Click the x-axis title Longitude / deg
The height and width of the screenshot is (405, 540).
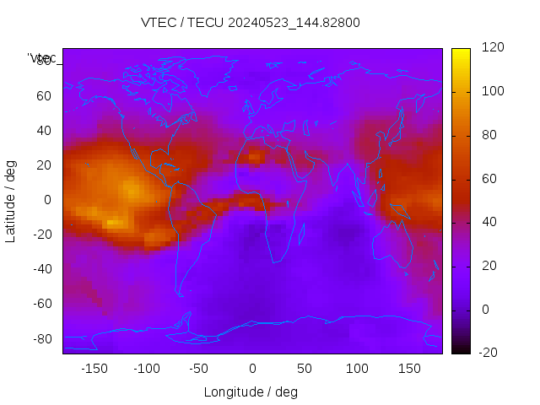coord(251,392)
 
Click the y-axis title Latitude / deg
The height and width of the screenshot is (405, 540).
coord(11,200)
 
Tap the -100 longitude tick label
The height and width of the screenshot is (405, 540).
coord(146,369)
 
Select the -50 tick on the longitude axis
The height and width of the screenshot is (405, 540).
coord(199,369)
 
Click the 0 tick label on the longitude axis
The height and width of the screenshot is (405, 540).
coord(252,369)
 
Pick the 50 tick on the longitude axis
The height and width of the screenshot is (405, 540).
coord(305,369)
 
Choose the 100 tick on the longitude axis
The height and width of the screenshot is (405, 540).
coord(357,369)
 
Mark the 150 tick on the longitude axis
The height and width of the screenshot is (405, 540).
coord(410,369)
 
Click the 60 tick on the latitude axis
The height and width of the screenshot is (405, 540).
coord(44,96)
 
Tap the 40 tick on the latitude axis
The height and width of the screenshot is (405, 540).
coord(44,131)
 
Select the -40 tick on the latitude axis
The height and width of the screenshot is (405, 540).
coord(41,269)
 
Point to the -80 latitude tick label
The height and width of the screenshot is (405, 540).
coord(41,338)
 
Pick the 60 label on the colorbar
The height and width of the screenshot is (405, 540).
coord(487,179)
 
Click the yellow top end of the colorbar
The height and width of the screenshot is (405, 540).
coord(461,52)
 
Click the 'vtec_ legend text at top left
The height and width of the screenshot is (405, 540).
coord(42,58)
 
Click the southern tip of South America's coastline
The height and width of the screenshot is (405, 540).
coord(181,295)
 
